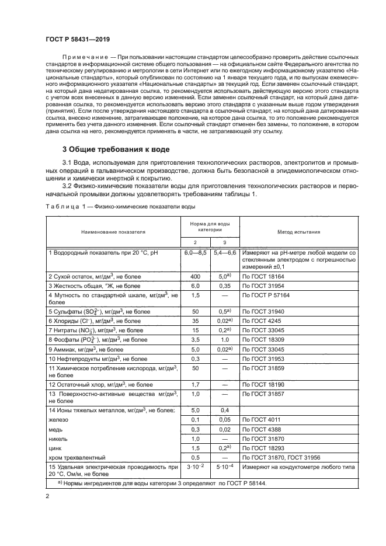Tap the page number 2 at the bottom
click(47, 496)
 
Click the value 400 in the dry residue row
click(196, 275)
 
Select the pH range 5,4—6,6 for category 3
click(224, 252)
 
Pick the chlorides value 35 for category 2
click(196, 321)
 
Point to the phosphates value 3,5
click(196, 339)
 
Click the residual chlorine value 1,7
click(196, 385)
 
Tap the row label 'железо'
click(58, 420)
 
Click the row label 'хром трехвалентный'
click(78, 457)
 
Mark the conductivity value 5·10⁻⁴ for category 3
click(224, 468)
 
